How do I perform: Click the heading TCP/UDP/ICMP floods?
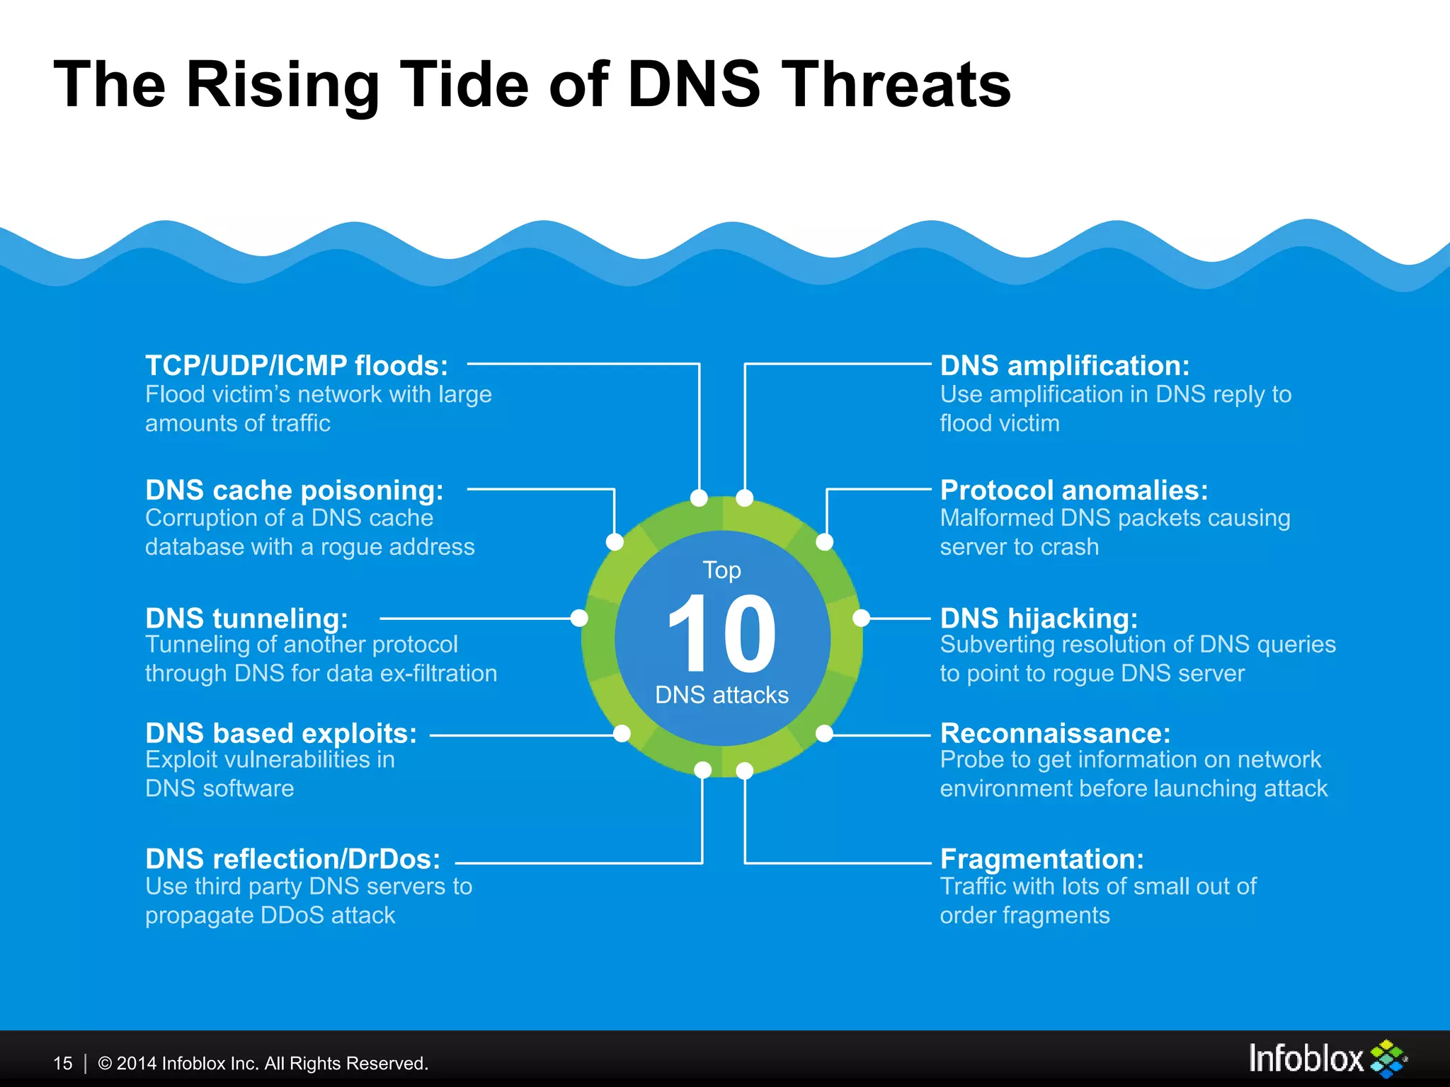[x=296, y=366]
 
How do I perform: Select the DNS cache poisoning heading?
[x=294, y=490]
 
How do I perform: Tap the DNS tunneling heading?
[x=246, y=619]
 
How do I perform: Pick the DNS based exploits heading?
[x=281, y=734]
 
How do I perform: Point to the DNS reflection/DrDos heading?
[x=292, y=859]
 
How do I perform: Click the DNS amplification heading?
[x=1064, y=366]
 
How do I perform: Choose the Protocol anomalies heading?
[x=1073, y=490]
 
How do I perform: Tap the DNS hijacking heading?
[x=1039, y=619]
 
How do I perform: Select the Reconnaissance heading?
[x=1055, y=734]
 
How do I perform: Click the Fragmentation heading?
[x=1041, y=859]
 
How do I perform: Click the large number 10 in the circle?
[x=722, y=633]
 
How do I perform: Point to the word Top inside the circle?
[x=721, y=570]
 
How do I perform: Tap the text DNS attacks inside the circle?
[x=721, y=695]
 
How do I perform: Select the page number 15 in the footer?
[x=63, y=1064]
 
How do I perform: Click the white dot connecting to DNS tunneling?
[x=579, y=619]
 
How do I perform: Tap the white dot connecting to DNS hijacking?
[x=861, y=619]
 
